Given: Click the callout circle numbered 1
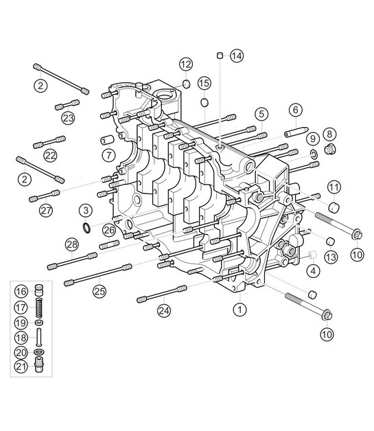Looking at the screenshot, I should pos(239,310).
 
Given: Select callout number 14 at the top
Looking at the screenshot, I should pos(236,56).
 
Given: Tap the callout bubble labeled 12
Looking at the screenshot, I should pos(186,65).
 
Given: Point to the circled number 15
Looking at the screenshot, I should pos(204,83).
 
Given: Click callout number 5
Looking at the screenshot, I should pos(261,113).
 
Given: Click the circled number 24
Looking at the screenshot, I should pos(163,311).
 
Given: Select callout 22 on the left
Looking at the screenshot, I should pos(50,156).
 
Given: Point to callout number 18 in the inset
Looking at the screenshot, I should pos(21,338).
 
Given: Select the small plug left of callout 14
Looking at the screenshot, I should pos(219,55).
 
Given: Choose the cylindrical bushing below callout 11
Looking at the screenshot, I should pos(334,206).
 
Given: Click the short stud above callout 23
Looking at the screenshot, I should pos(67,105).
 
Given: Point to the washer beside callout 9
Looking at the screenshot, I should pos(314,155).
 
